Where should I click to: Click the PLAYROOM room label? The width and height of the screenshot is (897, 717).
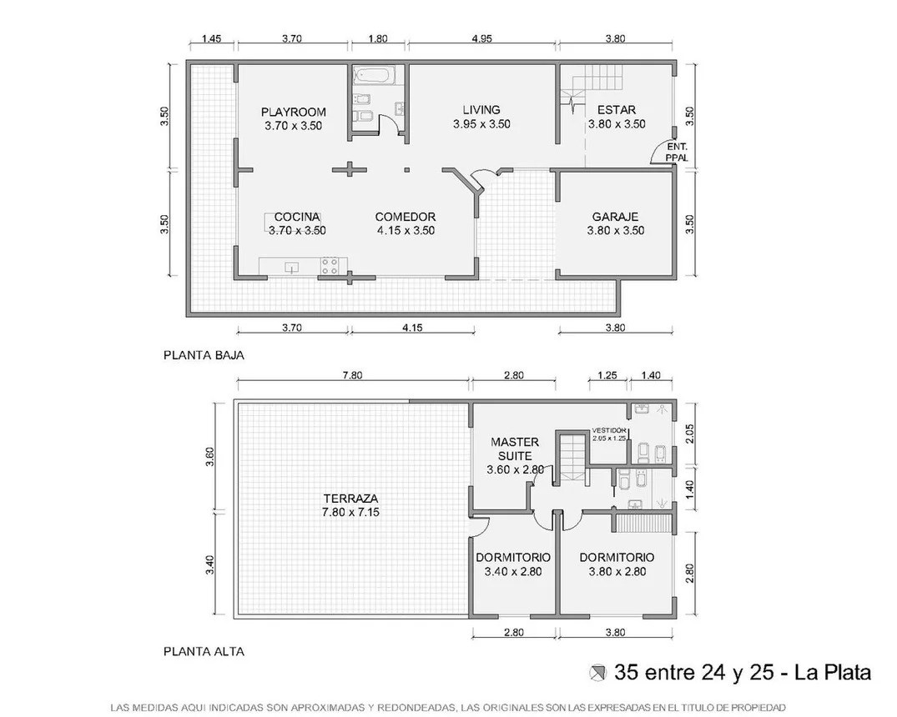click(294, 112)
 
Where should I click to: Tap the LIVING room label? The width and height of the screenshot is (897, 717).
click(481, 110)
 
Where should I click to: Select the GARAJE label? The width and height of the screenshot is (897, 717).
click(615, 217)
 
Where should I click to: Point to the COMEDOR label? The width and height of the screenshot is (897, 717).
click(405, 217)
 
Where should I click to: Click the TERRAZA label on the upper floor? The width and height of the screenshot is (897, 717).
click(350, 498)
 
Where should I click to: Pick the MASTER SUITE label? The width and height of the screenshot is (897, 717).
click(514, 449)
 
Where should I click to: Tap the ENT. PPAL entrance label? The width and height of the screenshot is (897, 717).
click(677, 152)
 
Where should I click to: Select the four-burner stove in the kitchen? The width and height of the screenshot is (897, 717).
click(330, 266)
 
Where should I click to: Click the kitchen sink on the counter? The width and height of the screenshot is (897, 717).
click(292, 267)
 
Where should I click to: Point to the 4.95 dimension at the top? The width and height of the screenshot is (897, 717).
click(481, 39)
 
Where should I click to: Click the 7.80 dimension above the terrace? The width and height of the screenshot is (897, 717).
click(352, 376)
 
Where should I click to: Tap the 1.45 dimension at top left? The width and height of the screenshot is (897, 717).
click(211, 39)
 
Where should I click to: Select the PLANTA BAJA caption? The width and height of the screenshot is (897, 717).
click(204, 355)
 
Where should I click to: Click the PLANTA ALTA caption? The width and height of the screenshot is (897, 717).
click(204, 651)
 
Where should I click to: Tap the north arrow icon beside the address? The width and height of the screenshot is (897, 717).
click(597, 673)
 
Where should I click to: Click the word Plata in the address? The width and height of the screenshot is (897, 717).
click(847, 673)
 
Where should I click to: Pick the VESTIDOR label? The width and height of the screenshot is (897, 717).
click(609, 430)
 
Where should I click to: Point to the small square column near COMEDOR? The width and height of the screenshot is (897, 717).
click(406, 169)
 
